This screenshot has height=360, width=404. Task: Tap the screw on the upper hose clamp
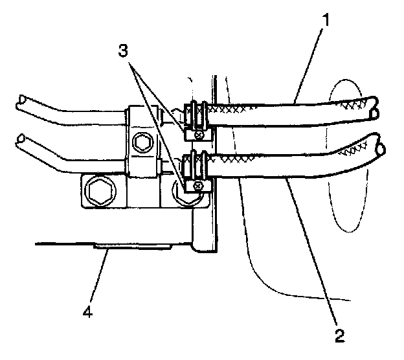click(200, 134)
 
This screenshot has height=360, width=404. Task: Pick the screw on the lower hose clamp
click(200, 186)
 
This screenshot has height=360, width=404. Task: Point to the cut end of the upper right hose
click(374, 107)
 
